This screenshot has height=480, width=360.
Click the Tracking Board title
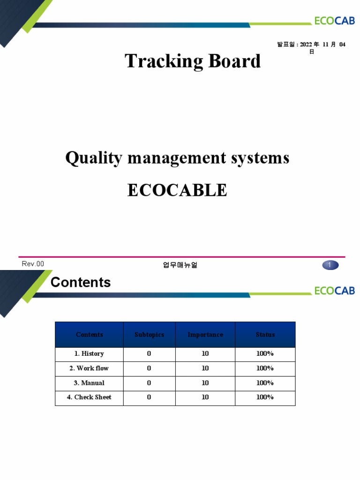pos(193,61)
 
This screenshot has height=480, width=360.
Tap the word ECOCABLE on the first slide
pos(177,190)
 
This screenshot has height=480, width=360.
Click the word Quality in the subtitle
pos(93,158)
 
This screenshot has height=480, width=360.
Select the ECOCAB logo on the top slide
pos(334,21)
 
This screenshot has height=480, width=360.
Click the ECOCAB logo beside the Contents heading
pos(334,291)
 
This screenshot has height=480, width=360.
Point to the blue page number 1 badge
pos(330,265)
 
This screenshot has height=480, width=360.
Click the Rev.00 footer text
pos(33,264)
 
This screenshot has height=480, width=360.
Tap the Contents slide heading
pos(81,282)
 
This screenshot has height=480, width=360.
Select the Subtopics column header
pos(149,335)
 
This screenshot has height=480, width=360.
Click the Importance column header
pos(205,335)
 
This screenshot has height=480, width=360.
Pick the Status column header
pos(265,335)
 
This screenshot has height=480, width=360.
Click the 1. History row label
pos(89,354)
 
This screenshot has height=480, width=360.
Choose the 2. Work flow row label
pos(89,368)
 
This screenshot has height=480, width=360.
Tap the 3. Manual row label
pos(89,383)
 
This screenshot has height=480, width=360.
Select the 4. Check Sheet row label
pos(89,397)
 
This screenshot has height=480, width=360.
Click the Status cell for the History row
pos(265,354)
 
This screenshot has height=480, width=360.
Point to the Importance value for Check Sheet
pos(205,397)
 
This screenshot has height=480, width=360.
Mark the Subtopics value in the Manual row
pos(149,383)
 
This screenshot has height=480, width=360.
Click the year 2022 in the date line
pos(306,45)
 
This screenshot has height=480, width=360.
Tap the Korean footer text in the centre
pos(180,265)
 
